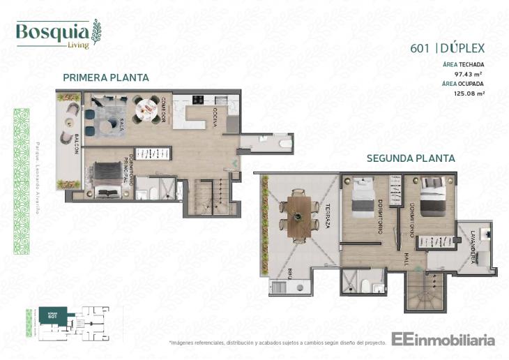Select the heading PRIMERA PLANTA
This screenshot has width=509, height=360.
[105, 77]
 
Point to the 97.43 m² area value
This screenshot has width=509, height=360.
[469, 73]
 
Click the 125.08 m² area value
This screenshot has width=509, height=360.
[469, 91]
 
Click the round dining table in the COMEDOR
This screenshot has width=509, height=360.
[147, 107]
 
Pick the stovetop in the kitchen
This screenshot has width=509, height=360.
[197, 99]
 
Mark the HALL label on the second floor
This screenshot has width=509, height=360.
[404, 260]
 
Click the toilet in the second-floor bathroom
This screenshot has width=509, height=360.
[365, 285]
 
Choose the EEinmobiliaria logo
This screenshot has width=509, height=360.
[443, 340]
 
